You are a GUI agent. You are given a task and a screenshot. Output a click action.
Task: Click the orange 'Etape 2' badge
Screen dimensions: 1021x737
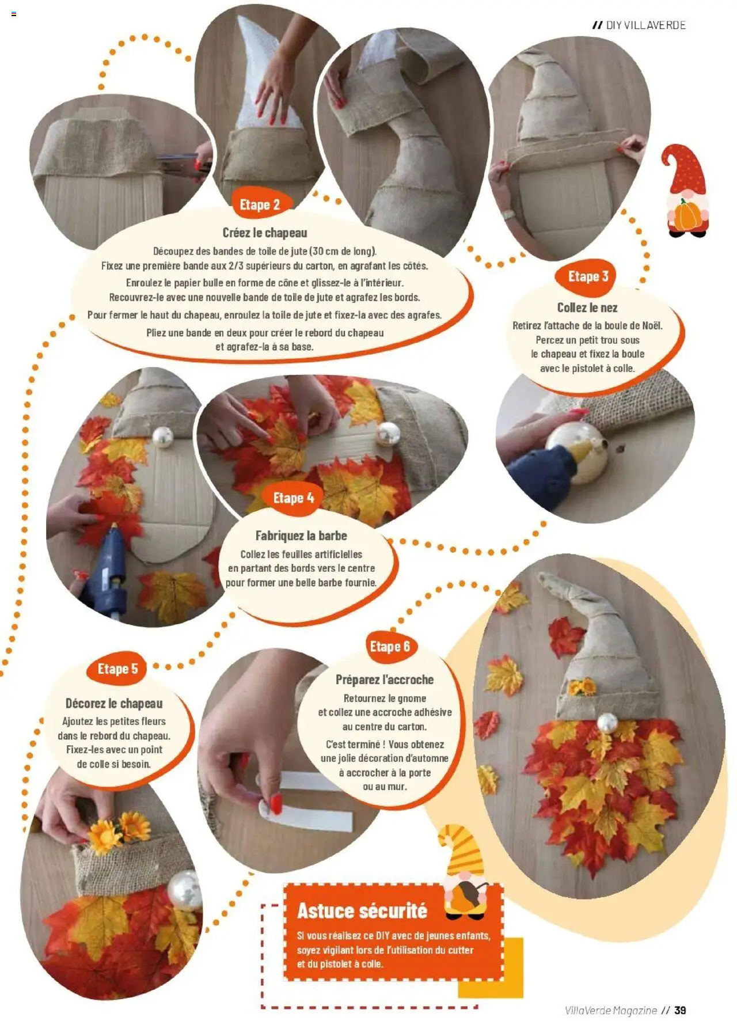click(260, 204)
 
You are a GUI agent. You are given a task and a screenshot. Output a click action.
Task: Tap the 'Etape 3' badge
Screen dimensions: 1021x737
click(588, 276)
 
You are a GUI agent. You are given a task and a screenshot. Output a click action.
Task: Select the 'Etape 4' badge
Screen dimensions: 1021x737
click(294, 498)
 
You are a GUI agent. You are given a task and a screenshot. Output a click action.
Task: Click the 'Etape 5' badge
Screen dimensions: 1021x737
click(117, 669)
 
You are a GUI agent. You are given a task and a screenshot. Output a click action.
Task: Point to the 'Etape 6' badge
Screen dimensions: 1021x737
click(390, 646)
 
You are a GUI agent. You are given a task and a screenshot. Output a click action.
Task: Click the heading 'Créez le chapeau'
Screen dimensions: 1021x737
click(265, 233)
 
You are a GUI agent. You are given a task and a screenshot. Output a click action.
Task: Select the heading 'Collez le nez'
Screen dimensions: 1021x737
click(587, 308)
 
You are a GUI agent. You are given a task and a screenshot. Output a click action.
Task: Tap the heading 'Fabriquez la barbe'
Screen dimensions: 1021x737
click(301, 536)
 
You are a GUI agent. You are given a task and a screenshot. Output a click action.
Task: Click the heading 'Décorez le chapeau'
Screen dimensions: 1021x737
click(114, 703)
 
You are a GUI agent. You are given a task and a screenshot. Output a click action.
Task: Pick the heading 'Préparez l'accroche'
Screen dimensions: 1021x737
click(385, 680)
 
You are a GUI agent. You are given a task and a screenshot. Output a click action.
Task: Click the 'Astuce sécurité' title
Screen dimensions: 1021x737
click(362, 910)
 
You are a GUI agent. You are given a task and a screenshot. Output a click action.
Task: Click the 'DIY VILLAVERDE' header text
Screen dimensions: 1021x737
click(645, 25)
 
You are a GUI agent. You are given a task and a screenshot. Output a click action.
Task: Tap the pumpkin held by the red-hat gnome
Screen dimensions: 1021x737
click(687, 216)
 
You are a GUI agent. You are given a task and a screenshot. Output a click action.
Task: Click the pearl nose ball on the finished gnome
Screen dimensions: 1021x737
click(607, 723)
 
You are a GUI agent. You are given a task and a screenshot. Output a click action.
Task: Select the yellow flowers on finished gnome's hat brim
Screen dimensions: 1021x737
click(582, 686)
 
